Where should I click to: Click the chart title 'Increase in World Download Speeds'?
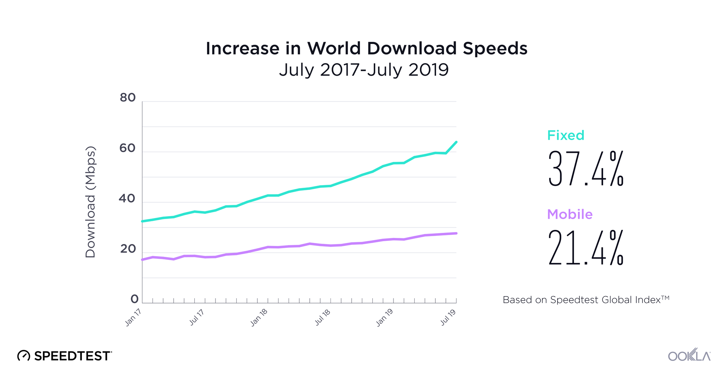tap(366, 48)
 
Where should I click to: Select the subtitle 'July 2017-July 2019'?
tap(364, 70)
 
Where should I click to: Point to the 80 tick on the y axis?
tap(127, 98)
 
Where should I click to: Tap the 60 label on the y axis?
tap(127, 148)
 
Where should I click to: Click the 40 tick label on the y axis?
tap(127, 199)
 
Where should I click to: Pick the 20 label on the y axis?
tap(128, 249)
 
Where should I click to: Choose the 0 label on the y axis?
tap(134, 299)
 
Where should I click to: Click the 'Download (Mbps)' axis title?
tap(90, 202)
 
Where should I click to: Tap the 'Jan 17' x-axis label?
tap(133, 317)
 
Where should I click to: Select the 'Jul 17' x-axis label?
tap(197, 317)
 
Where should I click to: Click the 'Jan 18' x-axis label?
tap(259, 317)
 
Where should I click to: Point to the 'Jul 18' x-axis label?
tap(323, 317)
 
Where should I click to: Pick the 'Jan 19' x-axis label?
tap(384, 317)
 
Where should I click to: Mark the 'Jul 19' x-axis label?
tap(448, 317)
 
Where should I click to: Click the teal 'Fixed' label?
tap(566, 135)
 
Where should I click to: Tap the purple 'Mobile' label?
tap(570, 214)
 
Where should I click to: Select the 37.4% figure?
tap(586, 169)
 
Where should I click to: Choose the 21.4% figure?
tap(586, 248)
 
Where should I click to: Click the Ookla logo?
tap(689, 355)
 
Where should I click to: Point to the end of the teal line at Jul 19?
tap(456, 142)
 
